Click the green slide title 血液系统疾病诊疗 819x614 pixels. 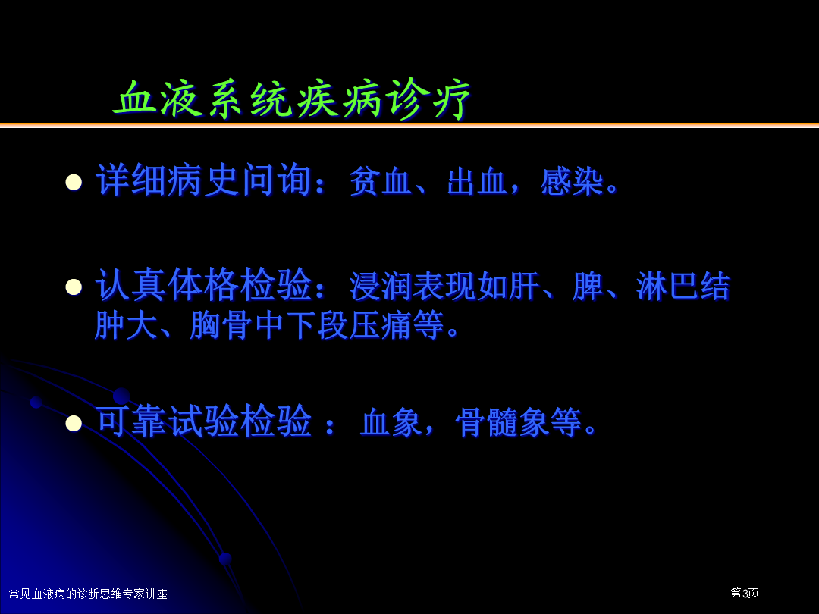pos(292,99)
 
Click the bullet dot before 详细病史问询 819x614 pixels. pos(74,182)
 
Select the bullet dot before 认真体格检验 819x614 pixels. pos(74,287)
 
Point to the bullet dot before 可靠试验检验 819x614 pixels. pos(74,423)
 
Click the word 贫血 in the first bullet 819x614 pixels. pos(381,182)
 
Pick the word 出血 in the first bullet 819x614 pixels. pos(478,182)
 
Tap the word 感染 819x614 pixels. pos(573,182)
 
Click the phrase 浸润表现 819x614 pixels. pos(412,286)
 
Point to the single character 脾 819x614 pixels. pos(588,286)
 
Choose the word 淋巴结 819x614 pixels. pos(682,286)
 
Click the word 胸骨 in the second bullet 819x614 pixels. pos(221,324)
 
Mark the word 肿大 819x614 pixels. pos(126,324)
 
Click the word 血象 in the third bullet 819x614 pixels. pos(392,422)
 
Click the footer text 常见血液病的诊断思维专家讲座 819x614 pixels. pos(88,594)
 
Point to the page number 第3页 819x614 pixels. pos(745,593)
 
